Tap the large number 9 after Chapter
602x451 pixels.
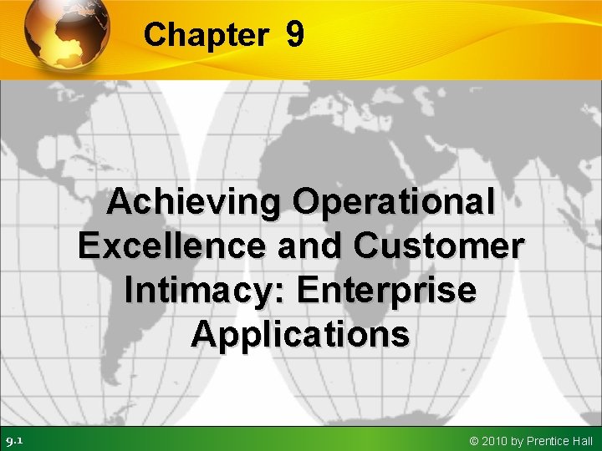[x=293, y=34]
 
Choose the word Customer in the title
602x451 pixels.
[x=439, y=246]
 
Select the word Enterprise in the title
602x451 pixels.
[x=386, y=291]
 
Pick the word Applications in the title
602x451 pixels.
[x=300, y=335]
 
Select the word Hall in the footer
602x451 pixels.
[x=582, y=440]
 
